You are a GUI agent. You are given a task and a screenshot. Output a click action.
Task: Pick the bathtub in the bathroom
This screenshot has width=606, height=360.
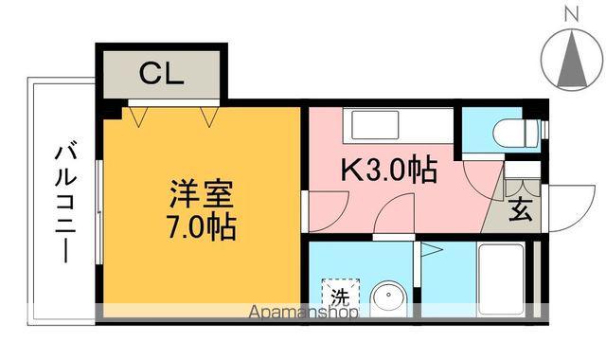501,280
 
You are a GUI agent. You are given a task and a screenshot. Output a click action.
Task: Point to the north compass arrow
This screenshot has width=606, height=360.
571,58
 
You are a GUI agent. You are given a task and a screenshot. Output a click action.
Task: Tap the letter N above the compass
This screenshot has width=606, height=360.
571,13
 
